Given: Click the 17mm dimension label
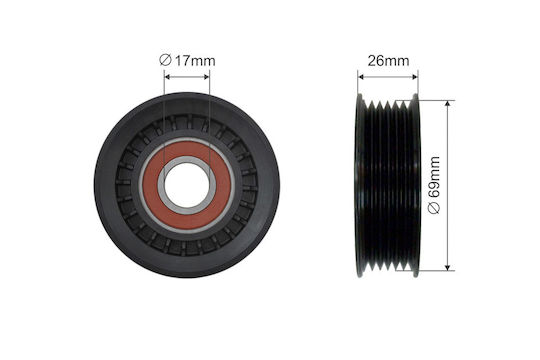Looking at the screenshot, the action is point(195,61).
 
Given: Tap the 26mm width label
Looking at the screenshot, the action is point(388,61).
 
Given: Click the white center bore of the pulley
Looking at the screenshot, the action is point(187,185).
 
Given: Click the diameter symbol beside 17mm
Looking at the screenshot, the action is point(165,61).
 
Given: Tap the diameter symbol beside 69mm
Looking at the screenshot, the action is point(435,208).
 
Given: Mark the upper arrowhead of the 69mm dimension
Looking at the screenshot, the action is point(447,104).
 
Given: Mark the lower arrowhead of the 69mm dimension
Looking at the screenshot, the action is point(447,267).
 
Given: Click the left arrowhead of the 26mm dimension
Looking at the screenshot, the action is point(361,77).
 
